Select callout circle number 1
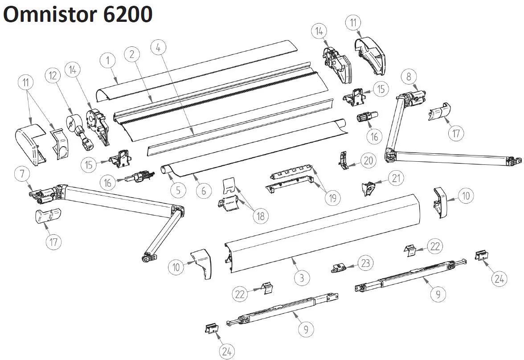pyautogui.click(x=107, y=61)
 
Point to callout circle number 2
pyautogui.click(x=132, y=54)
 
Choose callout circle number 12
pyautogui.click(x=54, y=76)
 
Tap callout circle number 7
pyautogui.click(x=21, y=173)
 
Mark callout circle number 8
pyautogui.click(x=409, y=76)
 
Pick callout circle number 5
pyautogui.click(x=178, y=190)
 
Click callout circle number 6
pyautogui.click(x=204, y=190)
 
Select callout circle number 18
pyautogui.click(x=261, y=216)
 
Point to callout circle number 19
pyautogui.click(x=332, y=197)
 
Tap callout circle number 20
pyautogui.click(x=368, y=161)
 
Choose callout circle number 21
pyautogui.click(x=396, y=178)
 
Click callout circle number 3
pyautogui.click(x=302, y=278)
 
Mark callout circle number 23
pyautogui.click(x=365, y=263)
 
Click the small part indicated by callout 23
pyautogui.click(x=338, y=268)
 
